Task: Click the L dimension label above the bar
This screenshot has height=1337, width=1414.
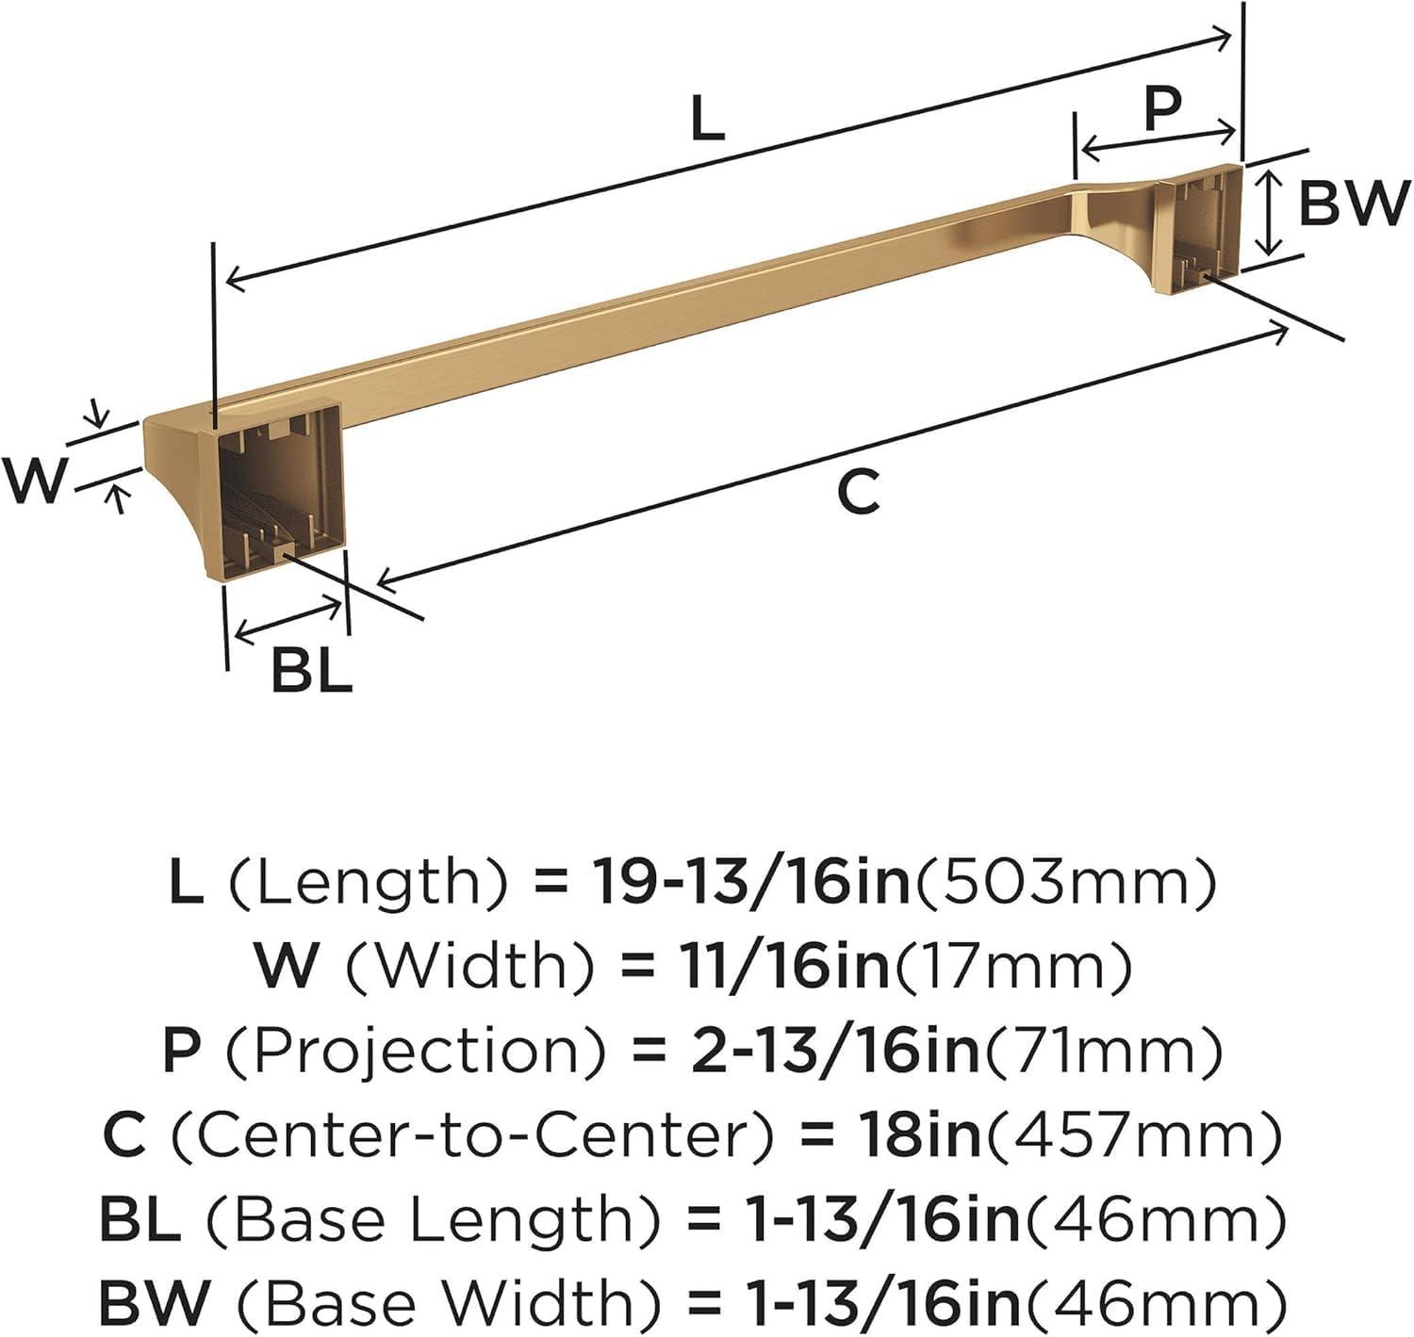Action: [707, 121]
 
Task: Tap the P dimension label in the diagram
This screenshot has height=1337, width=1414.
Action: [1161, 108]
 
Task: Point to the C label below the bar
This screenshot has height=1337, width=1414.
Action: [859, 491]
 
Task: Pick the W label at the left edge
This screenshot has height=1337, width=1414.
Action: [36, 480]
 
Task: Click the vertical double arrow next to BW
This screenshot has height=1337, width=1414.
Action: [1271, 211]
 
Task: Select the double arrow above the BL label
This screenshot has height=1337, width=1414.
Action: [288, 619]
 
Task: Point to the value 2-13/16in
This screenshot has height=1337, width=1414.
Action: [835, 1052]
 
